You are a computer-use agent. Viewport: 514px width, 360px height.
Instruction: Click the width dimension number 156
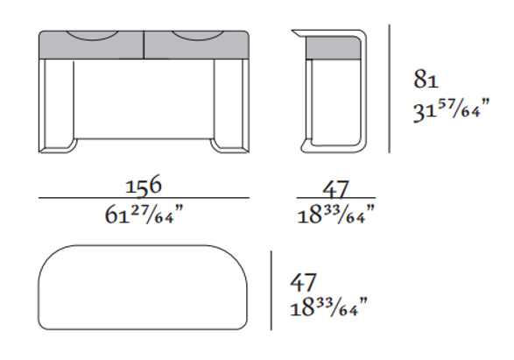144,186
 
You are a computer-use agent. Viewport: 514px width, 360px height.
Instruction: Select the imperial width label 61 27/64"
144,215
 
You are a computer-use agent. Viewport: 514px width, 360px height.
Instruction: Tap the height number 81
426,79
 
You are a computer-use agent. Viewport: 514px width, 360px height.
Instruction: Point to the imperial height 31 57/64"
451,109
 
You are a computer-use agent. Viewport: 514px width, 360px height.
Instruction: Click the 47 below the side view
335,189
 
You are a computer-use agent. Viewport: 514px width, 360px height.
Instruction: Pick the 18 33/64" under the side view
335,215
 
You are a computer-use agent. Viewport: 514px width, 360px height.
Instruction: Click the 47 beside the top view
303,282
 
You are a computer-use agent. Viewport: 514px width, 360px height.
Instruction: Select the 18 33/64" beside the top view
328,307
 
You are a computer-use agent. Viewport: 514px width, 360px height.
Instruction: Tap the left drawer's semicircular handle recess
92,36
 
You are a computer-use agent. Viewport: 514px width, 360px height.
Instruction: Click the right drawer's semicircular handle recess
198,36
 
